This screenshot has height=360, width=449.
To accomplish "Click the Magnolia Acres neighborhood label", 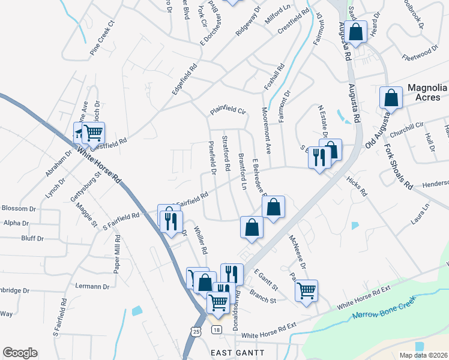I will pyautogui.click(x=427, y=92).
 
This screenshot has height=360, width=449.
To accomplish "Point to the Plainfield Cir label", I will pyautogui.click(x=228, y=110).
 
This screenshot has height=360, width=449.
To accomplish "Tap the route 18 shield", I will pyautogui.click(x=217, y=330).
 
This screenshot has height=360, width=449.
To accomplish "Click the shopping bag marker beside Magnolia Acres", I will pyautogui.click(x=391, y=98).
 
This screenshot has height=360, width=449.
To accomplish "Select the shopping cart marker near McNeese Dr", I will pyautogui.click(x=307, y=291).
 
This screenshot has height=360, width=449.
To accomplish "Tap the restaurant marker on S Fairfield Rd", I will pyautogui.click(x=170, y=219).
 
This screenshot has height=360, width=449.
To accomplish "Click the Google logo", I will pyautogui.click(x=20, y=353).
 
